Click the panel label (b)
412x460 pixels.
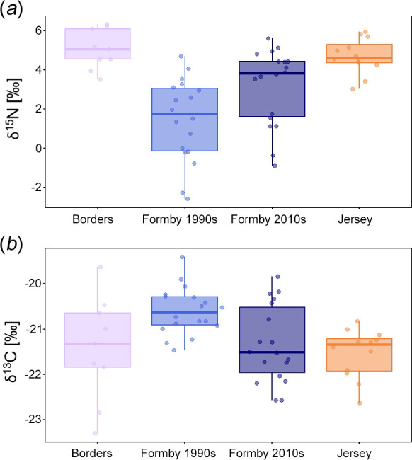[11, 244]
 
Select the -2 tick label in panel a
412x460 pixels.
[37, 187]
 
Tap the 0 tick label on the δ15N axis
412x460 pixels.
[39, 148]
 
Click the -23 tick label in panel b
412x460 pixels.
[34, 420]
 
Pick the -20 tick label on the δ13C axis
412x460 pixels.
[34, 284]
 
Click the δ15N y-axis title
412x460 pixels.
[13, 108]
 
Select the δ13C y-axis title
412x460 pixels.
[12, 352]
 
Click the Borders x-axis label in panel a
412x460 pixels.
[93, 219]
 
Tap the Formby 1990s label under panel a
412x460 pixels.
[180, 219]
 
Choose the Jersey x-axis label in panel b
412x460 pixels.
[354, 453]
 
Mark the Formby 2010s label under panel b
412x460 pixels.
[266, 453]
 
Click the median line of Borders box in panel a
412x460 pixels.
[98, 50]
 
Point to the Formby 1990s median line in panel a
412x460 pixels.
[185, 114]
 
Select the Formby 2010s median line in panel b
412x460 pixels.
[272, 352]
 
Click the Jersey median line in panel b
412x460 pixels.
[360, 345]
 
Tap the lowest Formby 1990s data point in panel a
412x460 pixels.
[188, 199]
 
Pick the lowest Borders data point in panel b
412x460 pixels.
[96, 433]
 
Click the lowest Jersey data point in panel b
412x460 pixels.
[360, 403]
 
